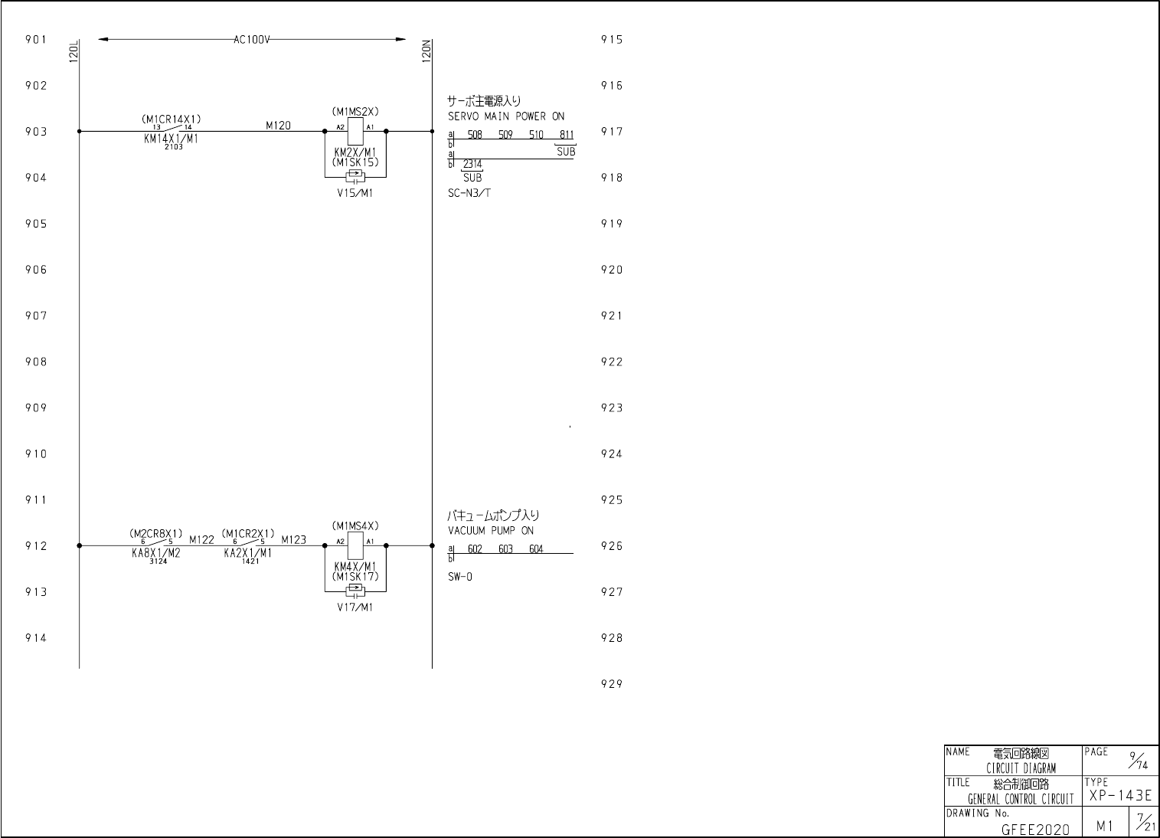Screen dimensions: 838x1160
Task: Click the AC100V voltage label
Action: pyautogui.click(x=252, y=40)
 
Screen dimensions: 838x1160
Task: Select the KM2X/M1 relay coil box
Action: pyautogui.click(x=355, y=132)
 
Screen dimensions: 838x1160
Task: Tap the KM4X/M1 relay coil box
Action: pyautogui.click(x=355, y=545)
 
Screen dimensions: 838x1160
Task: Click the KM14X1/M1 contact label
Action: pyautogui.click(x=171, y=139)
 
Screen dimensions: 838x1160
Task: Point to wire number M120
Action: pyautogui.click(x=278, y=126)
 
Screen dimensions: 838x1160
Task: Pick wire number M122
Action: pyautogui.click(x=201, y=539)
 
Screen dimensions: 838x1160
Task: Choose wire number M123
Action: pyautogui.click(x=293, y=539)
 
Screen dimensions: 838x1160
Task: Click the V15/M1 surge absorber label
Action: pyautogui.click(x=355, y=193)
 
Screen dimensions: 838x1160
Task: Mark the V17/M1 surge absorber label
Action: pyautogui.click(x=355, y=607)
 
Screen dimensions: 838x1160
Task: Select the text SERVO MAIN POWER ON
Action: pyautogui.click(x=506, y=116)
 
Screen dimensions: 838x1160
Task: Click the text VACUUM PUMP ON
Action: pyautogui.click(x=491, y=530)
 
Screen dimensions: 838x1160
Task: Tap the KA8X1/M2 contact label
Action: pyautogui.click(x=155, y=553)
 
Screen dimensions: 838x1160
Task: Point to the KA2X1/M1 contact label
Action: pyautogui.click(x=247, y=553)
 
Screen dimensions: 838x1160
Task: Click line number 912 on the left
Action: pyautogui.click(x=36, y=546)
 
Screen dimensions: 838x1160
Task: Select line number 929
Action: pyautogui.click(x=612, y=684)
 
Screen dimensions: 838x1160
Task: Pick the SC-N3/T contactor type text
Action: pyautogui.click(x=469, y=193)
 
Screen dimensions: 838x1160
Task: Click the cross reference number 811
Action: pyautogui.click(x=567, y=136)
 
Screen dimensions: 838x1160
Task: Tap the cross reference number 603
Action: pyautogui.click(x=505, y=549)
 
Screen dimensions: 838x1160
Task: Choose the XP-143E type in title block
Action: pyautogui.click(x=1120, y=796)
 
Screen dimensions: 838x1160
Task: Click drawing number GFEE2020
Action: pyautogui.click(x=1035, y=829)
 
